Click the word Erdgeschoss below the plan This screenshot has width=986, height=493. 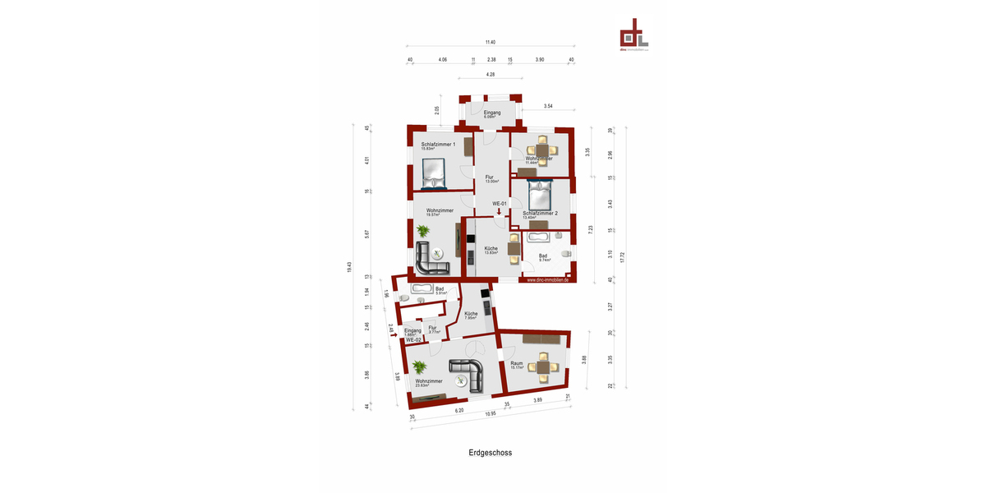(491, 452)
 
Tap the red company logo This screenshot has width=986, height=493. (634, 35)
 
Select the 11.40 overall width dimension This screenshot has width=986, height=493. (491, 42)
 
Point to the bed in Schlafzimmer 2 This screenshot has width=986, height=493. (538, 196)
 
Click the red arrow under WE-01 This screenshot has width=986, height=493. (498, 211)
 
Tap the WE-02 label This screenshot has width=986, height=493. (412, 339)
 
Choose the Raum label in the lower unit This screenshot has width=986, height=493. (516, 362)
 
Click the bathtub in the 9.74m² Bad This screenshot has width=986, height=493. (540, 237)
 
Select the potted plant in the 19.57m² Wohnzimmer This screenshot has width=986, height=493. (422, 231)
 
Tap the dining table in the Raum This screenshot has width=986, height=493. (542, 366)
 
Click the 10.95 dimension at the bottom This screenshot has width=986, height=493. (491, 413)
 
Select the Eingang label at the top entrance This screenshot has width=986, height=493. (491, 112)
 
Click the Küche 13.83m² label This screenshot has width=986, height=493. (491, 250)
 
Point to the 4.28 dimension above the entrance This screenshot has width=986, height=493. (491, 75)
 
